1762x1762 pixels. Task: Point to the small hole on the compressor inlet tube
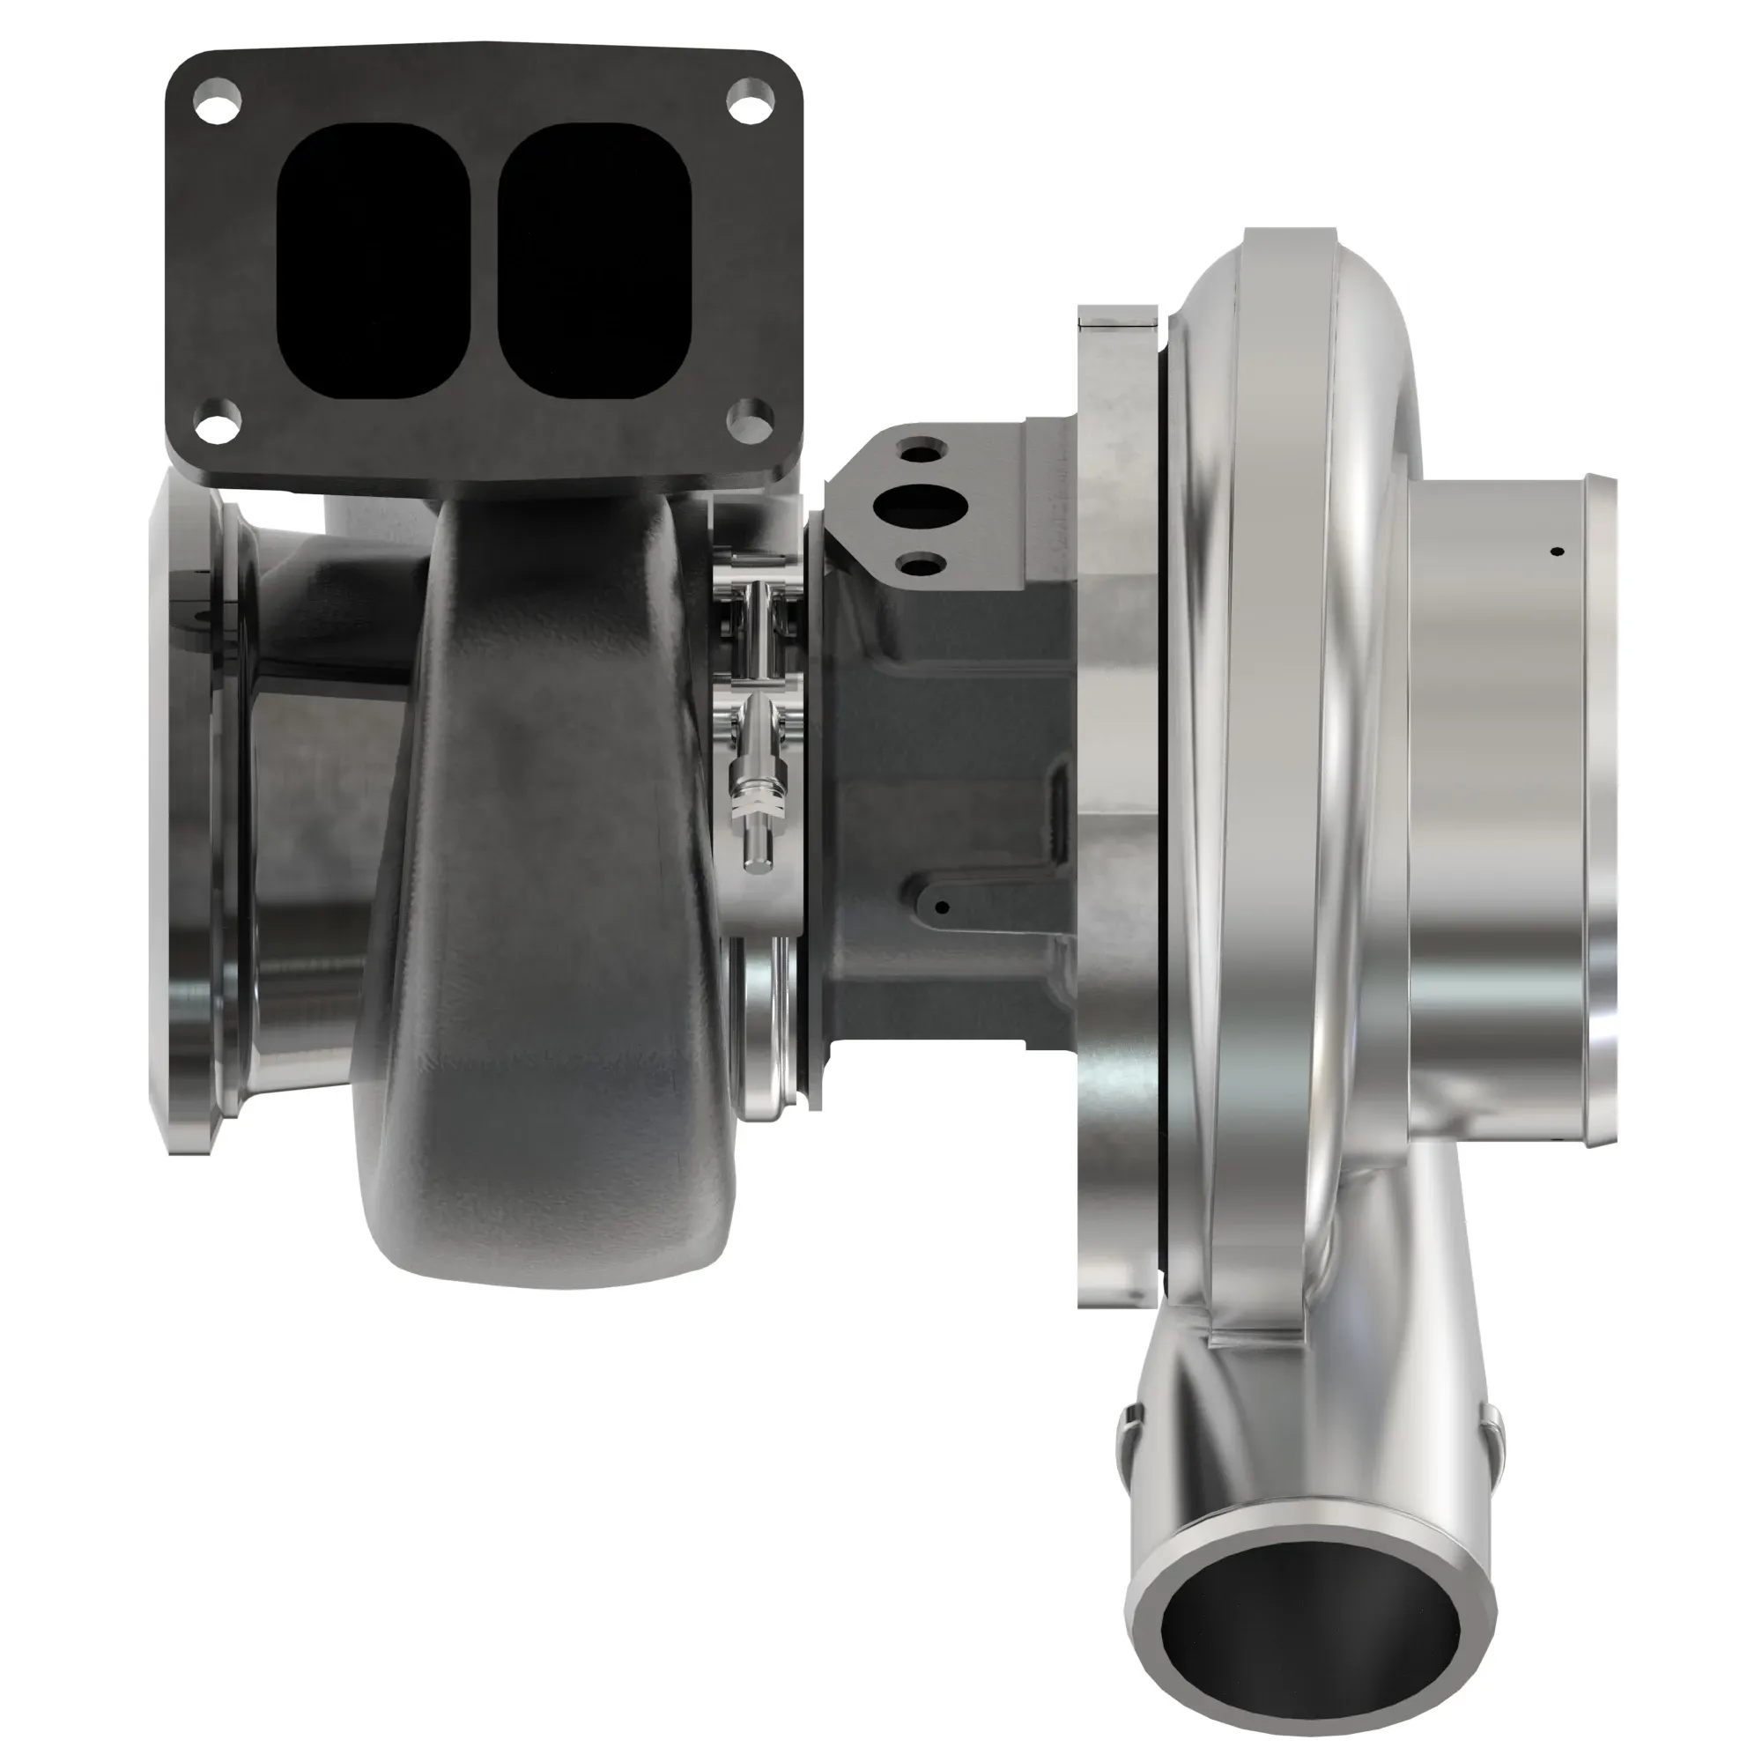[x=1558, y=552]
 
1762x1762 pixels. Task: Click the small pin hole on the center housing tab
[x=944, y=907]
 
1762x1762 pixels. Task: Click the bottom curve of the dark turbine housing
[x=547, y=1259]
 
